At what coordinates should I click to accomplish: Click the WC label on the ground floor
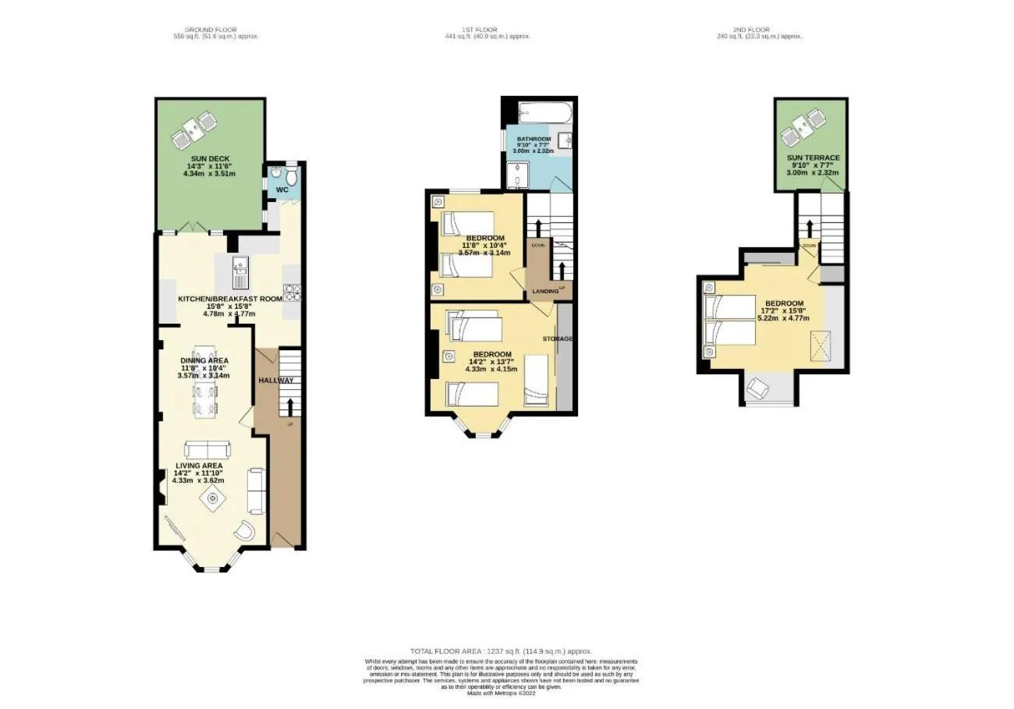282,190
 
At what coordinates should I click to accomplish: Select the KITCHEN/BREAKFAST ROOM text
230,299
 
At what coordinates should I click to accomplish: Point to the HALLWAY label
275,380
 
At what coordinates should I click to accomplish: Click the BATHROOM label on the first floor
534,139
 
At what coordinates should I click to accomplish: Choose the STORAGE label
558,339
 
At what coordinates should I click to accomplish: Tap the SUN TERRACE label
813,158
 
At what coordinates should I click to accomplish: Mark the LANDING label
544,291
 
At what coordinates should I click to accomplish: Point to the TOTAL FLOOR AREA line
501,651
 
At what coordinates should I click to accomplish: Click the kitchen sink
239,274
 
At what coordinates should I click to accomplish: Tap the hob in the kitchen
293,293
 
